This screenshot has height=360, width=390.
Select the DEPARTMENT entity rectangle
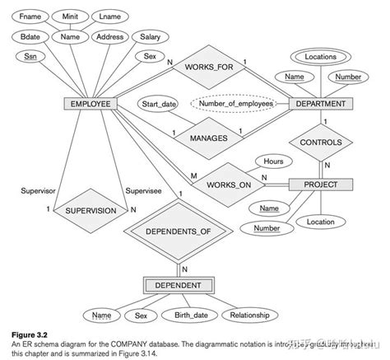click(x=322, y=105)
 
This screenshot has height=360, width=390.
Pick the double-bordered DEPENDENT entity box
click(x=179, y=285)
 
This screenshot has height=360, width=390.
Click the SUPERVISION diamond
click(x=90, y=210)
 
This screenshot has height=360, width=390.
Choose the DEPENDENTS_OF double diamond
click(x=179, y=231)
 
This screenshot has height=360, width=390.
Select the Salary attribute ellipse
click(x=150, y=37)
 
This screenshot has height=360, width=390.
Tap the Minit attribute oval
click(x=72, y=16)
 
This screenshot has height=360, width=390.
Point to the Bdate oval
click(x=30, y=37)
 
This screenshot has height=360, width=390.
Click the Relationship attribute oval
click(x=255, y=315)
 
